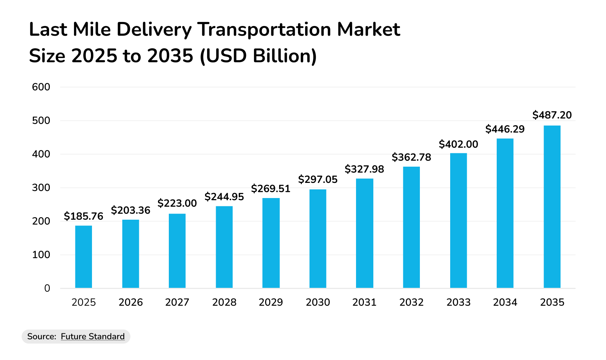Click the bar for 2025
pos(83,257)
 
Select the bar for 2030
pos(318,239)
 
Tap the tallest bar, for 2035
pos(552,207)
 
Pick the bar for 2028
pos(224,247)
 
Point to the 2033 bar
pos(458,221)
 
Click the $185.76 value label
pos(83,216)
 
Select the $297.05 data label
pos(318,180)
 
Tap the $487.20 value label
pos(552,115)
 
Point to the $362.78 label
pos(411,157)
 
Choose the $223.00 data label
pos(177,203)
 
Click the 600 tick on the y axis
pos(41,87)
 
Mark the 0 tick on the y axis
pos(47,288)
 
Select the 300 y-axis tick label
pos(41,188)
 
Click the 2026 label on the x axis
pos(131,302)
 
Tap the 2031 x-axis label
pos(364,302)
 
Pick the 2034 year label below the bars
pos(505,302)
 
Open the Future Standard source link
pos(93,337)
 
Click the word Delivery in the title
pos(154,30)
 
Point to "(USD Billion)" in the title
pos(258,56)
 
